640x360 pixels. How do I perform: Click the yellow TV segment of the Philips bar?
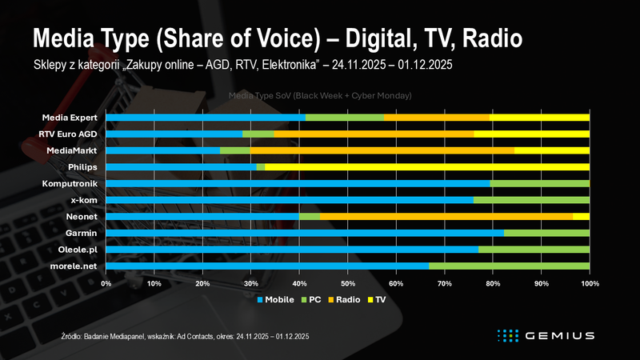[427, 166]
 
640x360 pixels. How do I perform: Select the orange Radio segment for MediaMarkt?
[382, 150]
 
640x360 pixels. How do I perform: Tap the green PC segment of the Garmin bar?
[546, 233]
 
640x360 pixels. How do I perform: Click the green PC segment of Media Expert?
[344, 117]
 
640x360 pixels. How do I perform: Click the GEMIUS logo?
[543, 334]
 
